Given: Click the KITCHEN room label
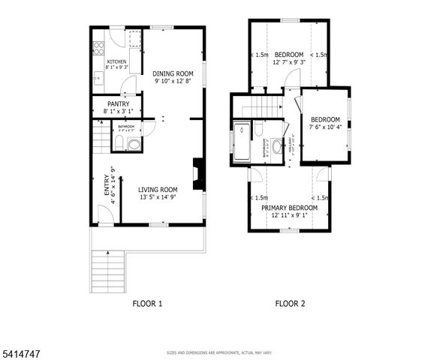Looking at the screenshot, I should point(116,61).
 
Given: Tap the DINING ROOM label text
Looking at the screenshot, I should point(173,73).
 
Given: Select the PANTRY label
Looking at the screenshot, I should point(118,104).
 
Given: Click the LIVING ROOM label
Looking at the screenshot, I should point(158,190).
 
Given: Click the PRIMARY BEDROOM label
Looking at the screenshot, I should point(289,207).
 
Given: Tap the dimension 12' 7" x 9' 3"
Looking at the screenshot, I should point(289,63).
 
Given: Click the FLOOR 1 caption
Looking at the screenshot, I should point(147,304).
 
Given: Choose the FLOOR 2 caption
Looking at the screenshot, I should point(290,304).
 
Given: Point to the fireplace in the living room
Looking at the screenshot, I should point(197,173).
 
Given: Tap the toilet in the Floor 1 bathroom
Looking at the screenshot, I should point(134,144).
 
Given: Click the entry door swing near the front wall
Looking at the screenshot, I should point(106,216).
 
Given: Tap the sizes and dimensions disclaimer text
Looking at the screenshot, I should point(220,352).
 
